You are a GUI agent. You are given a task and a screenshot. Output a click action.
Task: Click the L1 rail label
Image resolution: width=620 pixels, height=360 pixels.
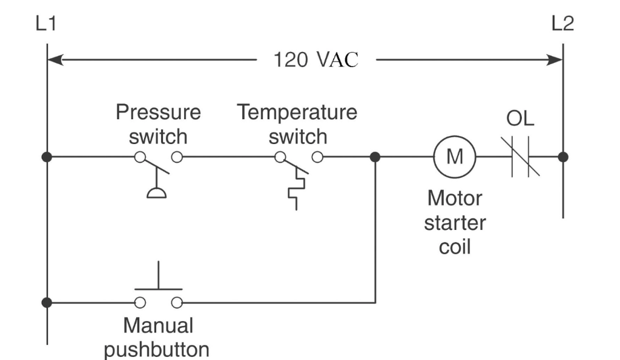pos(47,24)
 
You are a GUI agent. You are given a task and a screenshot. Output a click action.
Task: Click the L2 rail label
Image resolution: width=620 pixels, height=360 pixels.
pos(562,24)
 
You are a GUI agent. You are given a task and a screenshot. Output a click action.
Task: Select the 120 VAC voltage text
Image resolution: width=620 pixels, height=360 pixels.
pos(316,60)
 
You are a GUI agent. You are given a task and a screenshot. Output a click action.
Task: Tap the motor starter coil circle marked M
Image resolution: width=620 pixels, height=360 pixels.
pos(455,157)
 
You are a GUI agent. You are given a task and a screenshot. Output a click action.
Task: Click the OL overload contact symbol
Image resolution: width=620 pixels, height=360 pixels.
pos(521,157)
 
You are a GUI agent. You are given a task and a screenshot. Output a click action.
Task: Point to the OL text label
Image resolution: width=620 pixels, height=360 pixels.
pos(520,119)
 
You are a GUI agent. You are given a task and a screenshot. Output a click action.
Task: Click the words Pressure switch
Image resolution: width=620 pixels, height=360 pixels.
pos(158,124)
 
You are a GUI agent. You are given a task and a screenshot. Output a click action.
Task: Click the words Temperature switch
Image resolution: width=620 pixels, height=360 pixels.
pos(297,124)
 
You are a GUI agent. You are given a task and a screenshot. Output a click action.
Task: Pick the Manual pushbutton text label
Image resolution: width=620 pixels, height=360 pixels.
pos(158,337)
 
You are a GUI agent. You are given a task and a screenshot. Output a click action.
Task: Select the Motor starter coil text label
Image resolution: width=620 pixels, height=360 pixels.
pos(455,223)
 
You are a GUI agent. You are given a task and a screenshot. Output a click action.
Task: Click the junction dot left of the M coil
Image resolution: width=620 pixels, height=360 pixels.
pos(375,157)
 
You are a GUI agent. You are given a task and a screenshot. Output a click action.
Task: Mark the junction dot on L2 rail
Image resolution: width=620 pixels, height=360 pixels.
pos(563,157)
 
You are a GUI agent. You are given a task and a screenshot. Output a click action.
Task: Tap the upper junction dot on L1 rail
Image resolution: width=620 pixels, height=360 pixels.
pos(47,157)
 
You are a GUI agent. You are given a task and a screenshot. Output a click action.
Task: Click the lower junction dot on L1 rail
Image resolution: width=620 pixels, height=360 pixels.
pos(47,301)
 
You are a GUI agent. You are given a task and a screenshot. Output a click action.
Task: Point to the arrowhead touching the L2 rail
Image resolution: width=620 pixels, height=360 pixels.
pos(555,60)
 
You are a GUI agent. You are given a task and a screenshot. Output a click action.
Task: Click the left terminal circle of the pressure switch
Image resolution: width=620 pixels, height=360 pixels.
pos(140,157)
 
